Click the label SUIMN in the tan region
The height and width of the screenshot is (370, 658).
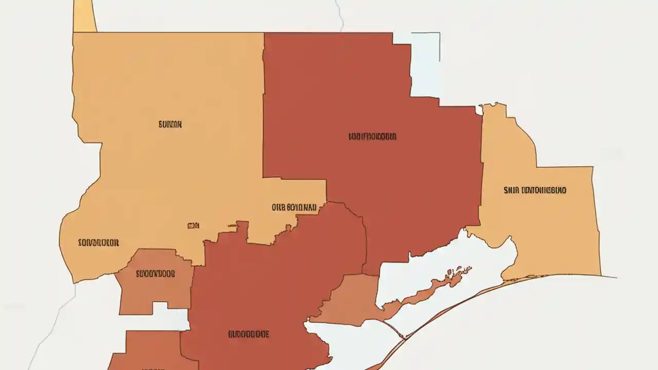point(170,124)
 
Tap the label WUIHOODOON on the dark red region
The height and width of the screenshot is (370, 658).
point(372,137)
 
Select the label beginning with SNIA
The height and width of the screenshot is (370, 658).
point(535,190)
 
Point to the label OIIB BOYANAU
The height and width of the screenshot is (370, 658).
point(294,208)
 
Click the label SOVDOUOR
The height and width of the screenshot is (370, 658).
point(99,243)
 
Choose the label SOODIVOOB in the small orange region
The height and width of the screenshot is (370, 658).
point(155,274)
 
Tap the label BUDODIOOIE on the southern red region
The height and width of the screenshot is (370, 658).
point(248,335)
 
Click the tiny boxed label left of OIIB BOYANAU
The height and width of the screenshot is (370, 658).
point(193,225)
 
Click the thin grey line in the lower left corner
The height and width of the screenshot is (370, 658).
point(51,329)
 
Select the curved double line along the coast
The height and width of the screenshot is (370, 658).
point(463,303)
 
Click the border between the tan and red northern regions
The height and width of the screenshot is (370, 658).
point(263,103)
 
